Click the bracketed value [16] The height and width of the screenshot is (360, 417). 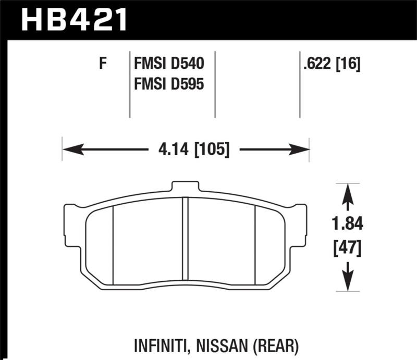(x=348, y=65)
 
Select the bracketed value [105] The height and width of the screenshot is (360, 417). (x=211, y=151)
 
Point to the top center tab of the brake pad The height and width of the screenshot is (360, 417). (x=185, y=187)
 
